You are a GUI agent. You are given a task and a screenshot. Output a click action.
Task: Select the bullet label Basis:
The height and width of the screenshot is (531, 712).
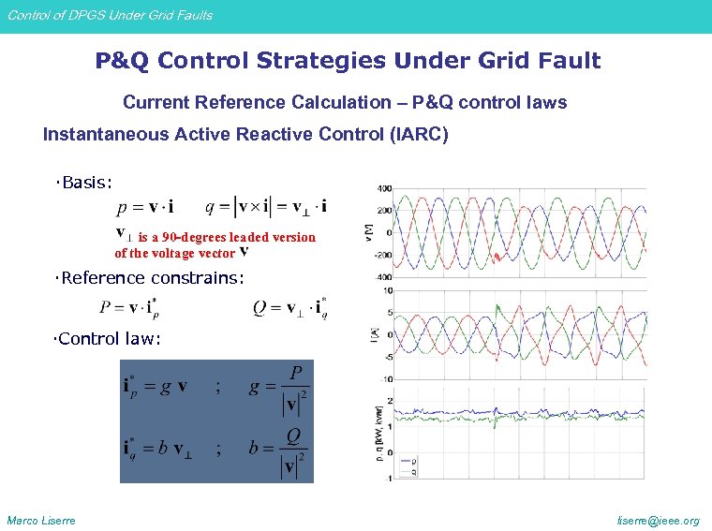86,182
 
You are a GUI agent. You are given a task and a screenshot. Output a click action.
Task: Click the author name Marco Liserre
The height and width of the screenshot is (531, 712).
41,521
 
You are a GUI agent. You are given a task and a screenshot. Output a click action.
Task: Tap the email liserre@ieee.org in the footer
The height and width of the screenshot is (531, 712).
660,521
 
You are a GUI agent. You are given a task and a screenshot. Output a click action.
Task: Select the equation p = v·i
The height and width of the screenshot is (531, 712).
145,206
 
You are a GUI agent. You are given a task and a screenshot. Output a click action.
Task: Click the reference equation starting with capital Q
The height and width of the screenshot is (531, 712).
290,308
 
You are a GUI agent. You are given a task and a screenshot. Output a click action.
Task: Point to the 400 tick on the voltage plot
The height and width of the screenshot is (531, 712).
384,188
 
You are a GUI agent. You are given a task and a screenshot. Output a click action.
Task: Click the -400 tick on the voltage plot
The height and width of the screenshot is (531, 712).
383,277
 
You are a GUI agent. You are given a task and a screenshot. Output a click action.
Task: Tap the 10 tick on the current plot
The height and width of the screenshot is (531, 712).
386,290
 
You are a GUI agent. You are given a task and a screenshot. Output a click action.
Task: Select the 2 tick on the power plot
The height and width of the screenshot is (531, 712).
389,401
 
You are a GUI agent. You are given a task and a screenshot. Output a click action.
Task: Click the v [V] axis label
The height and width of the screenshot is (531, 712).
367,231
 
